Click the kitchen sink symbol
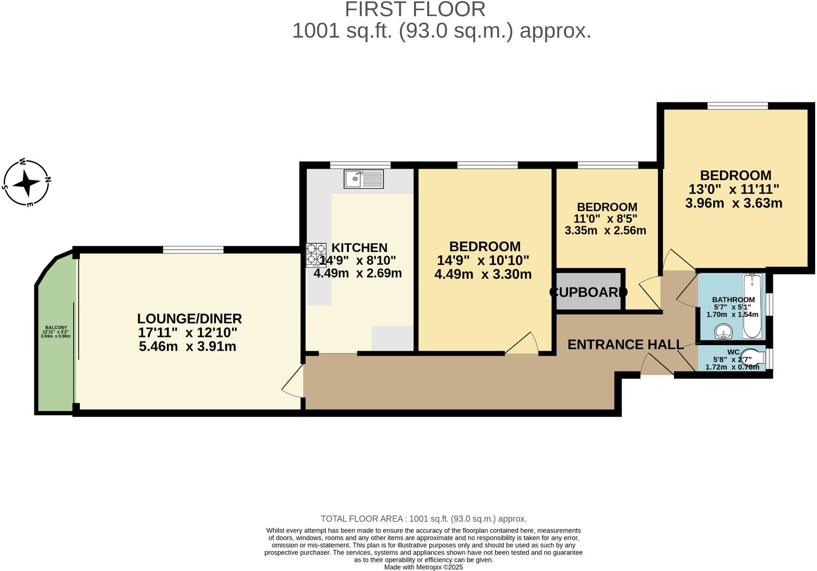click(x=363, y=179)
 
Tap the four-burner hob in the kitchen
click(x=316, y=255)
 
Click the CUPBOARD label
click(x=588, y=292)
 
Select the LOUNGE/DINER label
click(x=189, y=319)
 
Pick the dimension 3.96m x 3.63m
click(x=733, y=203)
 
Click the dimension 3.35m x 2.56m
click(x=605, y=230)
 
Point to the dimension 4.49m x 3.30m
click(x=483, y=274)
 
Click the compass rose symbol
click(x=27, y=183)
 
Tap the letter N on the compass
click(x=47, y=179)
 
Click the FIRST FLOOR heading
click(x=415, y=10)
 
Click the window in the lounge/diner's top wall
click(x=193, y=249)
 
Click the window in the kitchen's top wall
click(x=360, y=165)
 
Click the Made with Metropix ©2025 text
click(x=423, y=567)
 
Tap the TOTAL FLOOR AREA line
click(x=423, y=519)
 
